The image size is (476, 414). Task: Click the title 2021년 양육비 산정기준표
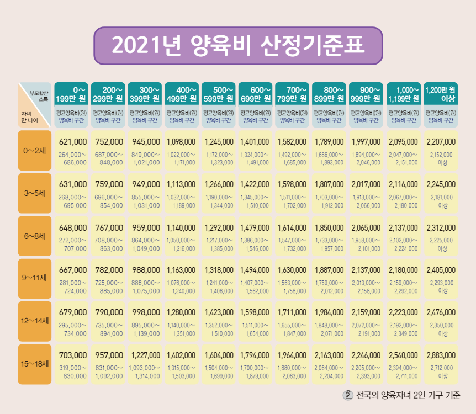[x=238, y=46]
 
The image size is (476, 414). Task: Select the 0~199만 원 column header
[x=71, y=94]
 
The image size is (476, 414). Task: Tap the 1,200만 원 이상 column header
[x=441, y=94]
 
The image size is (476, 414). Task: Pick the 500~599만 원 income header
[x=219, y=94]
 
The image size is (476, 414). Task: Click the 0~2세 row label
[x=35, y=150]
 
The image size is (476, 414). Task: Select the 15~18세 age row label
[x=35, y=364]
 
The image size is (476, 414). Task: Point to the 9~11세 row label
[x=35, y=278]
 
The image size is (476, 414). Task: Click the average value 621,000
[x=73, y=142]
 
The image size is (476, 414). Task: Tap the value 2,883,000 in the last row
[x=441, y=355]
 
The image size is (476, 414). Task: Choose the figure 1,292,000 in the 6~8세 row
[x=219, y=227]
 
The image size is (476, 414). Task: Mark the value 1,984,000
[x=330, y=313]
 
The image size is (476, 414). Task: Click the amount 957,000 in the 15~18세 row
[x=109, y=355]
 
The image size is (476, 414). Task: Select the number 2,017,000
[x=367, y=184]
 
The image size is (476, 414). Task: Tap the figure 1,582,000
[x=293, y=142]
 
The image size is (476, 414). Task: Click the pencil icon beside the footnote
[x=348, y=395]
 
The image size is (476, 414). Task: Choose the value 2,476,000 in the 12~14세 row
[x=441, y=313]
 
